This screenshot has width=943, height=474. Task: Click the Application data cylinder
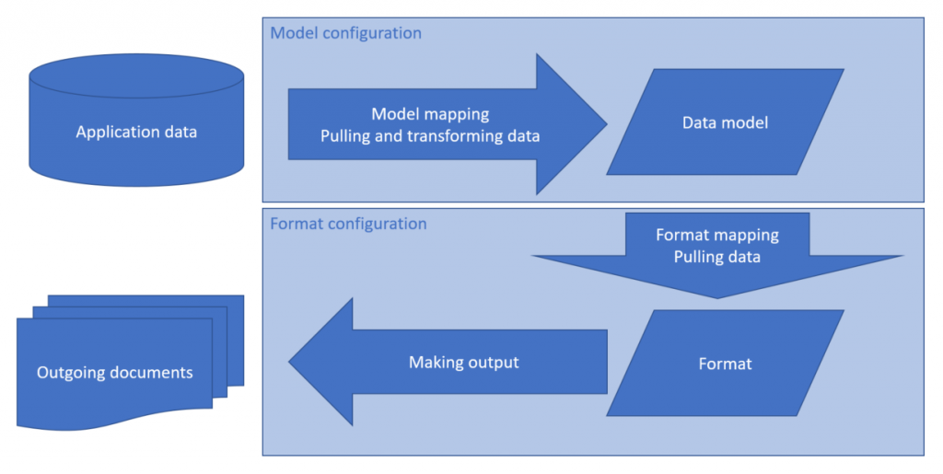pos(136,132)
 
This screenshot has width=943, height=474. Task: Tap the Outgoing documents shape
pos(115,373)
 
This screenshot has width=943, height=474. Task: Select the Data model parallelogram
pos(725,122)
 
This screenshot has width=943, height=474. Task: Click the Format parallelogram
pos(725,364)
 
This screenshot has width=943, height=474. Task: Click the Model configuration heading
pos(345,33)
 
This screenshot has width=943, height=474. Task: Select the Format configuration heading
pos(348,224)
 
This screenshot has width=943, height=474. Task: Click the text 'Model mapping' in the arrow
pos(430,114)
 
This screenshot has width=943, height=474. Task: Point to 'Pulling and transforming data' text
pos(430,136)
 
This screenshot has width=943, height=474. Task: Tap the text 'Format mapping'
pos(717,235)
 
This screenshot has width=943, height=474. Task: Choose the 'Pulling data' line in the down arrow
pos(717,257)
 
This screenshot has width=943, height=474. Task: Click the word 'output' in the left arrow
pos(493,362)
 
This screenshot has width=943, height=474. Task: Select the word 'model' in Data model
pos(746,122)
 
